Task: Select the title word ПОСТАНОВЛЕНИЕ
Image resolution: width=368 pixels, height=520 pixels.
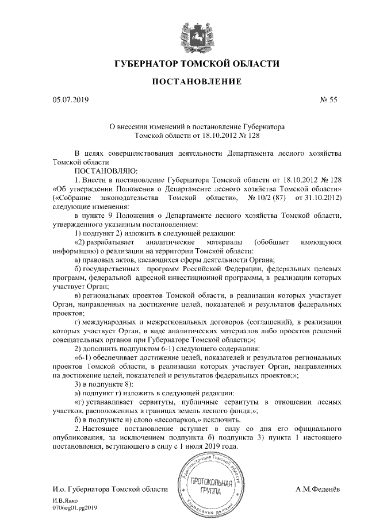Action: point(189,83)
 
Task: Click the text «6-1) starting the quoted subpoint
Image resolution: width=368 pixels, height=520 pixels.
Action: point(85,357)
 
